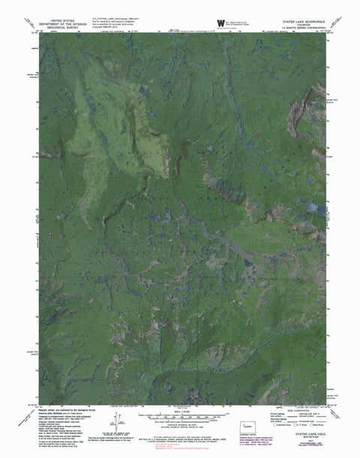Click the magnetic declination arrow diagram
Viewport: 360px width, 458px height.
click(124, 415)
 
